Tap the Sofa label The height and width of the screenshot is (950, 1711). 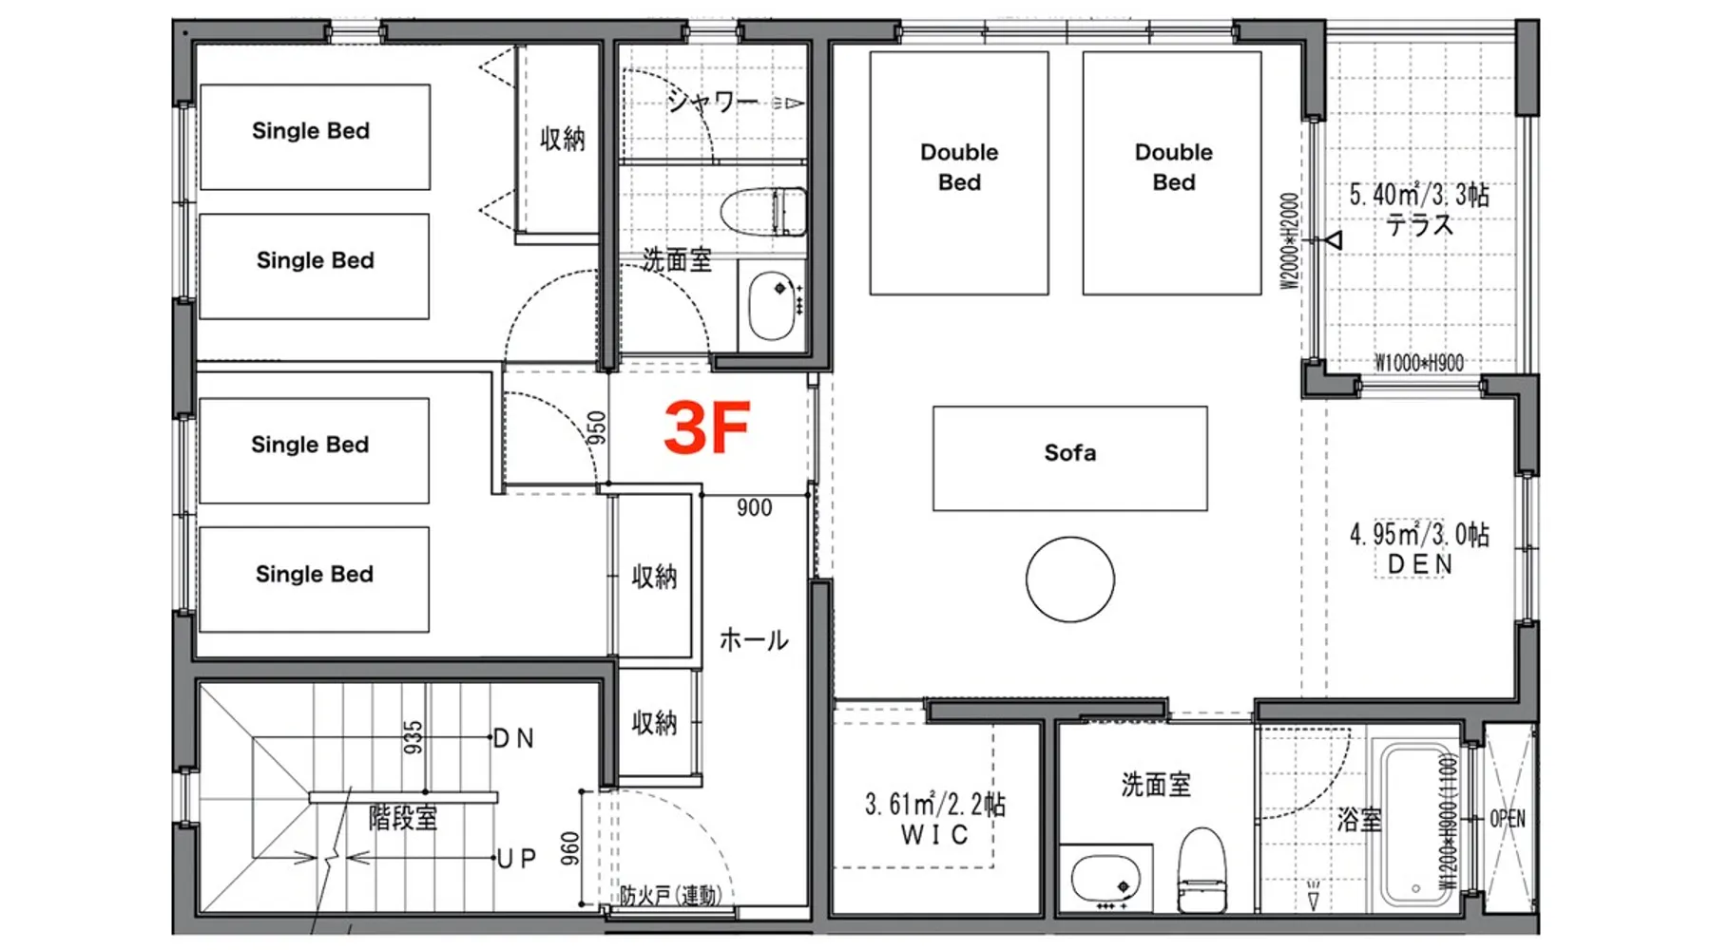[1070, 453]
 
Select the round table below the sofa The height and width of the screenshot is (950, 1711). [1070, 579]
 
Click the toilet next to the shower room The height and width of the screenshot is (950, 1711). [763, 211]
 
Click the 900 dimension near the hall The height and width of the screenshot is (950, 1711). [755, 508]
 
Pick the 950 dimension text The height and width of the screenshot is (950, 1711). [596, 428]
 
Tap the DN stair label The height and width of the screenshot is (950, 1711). [514, 738]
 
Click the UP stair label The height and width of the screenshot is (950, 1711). [517, 859]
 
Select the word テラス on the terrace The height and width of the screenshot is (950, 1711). [1420, 225]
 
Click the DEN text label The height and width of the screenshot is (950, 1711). [1420, 564]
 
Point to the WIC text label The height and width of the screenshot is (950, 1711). [934, 835]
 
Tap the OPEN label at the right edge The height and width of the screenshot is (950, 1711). [1508, 819]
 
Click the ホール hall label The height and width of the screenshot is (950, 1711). [754, 640]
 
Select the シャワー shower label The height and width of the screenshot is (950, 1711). [712, 101]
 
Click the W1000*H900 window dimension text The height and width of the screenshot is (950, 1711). [1419, 363]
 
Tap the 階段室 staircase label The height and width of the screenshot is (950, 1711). [403, 818]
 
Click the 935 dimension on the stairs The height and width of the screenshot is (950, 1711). [413, 738]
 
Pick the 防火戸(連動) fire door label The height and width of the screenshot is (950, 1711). [671, 895]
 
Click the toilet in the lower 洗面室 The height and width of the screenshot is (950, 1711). [1202, 869]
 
